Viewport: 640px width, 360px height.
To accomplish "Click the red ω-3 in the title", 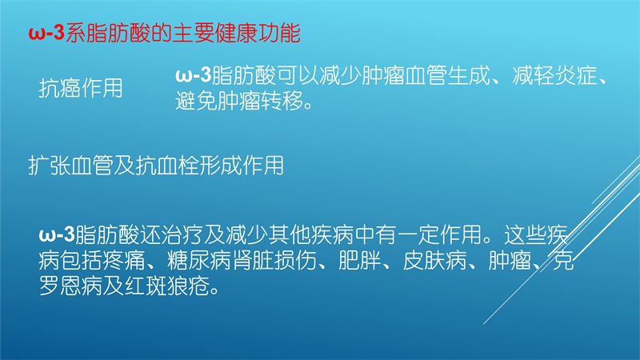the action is (46, 33).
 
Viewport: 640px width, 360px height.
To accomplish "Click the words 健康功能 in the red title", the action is (258, 33).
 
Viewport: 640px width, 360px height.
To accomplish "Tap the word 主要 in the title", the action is (194, 33).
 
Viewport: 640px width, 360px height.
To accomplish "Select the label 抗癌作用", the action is (81, 88).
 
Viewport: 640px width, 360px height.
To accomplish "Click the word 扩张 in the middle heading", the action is (50, 166).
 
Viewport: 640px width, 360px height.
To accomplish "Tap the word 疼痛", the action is (124, 261).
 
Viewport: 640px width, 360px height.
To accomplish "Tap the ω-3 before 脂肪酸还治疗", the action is (57, 234).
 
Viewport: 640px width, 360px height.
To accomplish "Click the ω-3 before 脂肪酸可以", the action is (194, 75).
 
